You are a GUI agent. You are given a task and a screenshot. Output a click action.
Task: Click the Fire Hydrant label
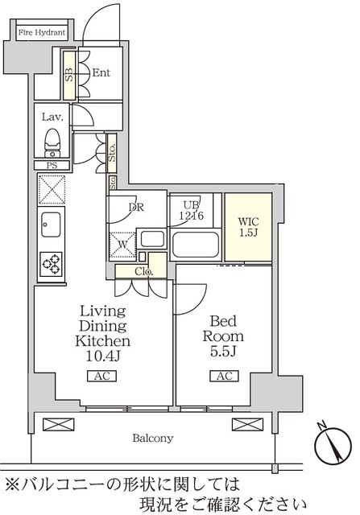coord(42,32)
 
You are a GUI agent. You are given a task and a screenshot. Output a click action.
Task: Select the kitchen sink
coord(51,225)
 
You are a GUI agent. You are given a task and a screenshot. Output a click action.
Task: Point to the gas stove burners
coord(52,264)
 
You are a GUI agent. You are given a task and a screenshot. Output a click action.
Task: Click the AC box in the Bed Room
coord(225,376)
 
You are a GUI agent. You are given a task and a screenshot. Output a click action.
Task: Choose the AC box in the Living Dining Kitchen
coord(102,376)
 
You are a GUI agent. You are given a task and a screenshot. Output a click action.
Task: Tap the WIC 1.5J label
coord(248,227)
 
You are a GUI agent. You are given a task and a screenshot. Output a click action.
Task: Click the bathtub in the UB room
coord(195,245)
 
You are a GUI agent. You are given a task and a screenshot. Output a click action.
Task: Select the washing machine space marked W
coord(122,245)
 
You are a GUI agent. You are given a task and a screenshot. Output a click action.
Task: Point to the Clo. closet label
coord(143,272)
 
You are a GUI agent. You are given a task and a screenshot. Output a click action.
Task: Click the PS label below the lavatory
coord(52,165)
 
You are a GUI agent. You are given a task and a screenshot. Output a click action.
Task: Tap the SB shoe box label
coord(68,76)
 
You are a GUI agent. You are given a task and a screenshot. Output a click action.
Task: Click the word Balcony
coord(153,438)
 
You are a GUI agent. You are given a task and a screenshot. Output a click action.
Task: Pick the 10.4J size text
coord(102,356)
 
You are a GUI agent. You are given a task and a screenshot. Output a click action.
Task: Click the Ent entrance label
coord(101,72)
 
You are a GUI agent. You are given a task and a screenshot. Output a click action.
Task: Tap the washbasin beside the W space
coord(152,239)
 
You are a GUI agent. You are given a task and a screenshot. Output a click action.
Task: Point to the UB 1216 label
coord(192,211)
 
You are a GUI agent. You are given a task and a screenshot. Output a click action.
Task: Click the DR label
coord(136,208)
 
